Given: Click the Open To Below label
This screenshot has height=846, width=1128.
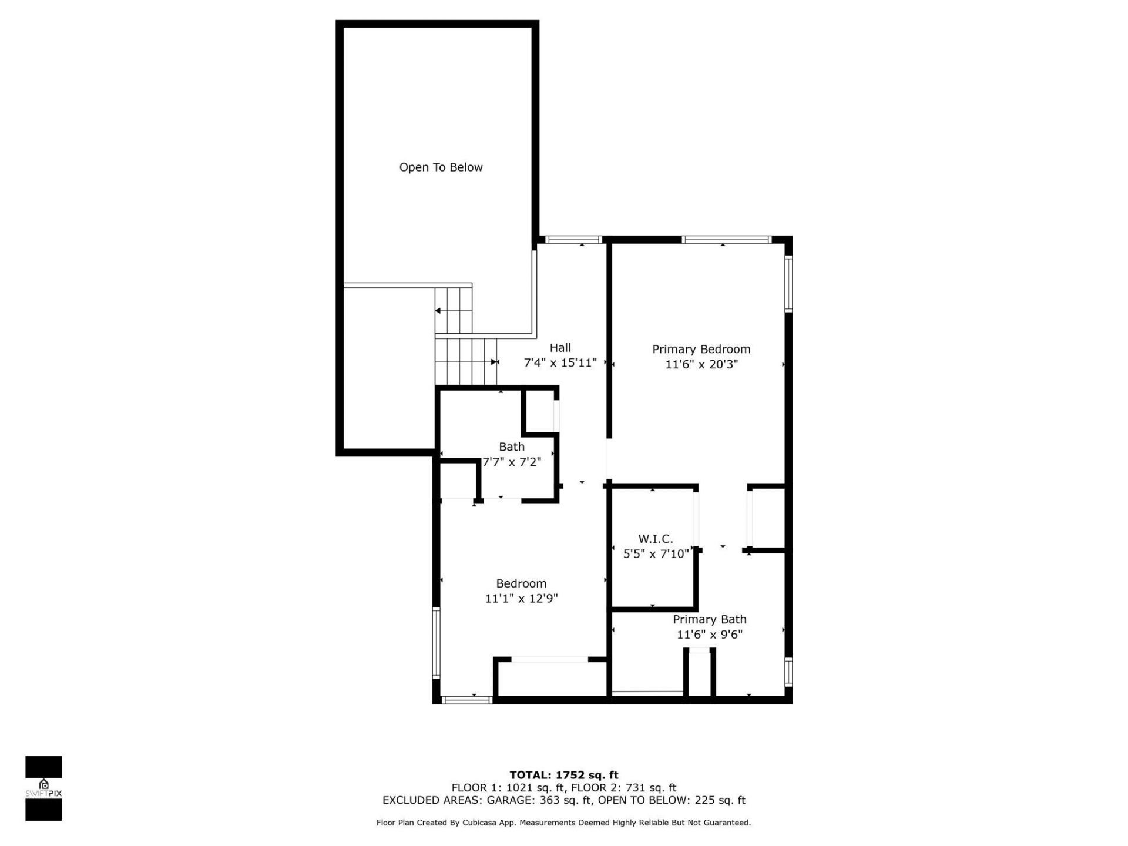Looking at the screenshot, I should point(441,167).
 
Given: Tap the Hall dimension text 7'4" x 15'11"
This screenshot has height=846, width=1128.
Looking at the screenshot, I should point(560,363).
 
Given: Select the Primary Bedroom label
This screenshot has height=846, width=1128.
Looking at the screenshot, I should point(701,349).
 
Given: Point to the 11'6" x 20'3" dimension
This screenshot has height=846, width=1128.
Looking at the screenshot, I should point(701,364).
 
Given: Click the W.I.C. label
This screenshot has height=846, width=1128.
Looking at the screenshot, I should point(655,539).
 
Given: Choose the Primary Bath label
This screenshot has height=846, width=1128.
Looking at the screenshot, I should point(709,619).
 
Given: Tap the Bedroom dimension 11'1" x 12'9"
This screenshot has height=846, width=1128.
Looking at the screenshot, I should point(521,599).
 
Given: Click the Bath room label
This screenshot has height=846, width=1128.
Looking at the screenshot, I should point(511,446).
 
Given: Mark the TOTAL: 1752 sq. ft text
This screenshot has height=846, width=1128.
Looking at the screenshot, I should point(563,775).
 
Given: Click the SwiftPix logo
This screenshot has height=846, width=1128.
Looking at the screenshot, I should point(43,788).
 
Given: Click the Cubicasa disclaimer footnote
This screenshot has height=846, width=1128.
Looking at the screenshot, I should point(563,822).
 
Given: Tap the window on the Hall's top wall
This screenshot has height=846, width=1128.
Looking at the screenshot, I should point(573,240).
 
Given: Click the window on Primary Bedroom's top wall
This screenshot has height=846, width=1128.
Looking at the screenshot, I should point(726,240).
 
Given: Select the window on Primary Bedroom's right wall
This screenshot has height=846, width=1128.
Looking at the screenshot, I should point(788,283).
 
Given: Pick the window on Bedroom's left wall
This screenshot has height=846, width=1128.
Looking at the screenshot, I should point(436,643).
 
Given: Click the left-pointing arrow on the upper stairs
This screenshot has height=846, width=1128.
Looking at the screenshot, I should point(438,311).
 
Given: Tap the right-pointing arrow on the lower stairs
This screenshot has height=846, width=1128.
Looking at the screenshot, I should point(494,362).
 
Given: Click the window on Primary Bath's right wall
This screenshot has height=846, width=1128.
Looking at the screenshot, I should point(788,672).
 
